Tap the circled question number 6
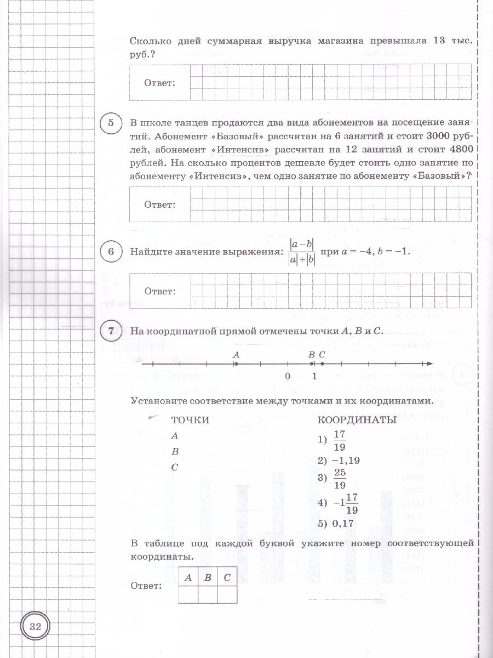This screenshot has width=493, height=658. (x=112, y=252)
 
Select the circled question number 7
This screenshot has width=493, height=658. (x=112, y=331)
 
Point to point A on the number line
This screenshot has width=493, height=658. (x=235, y=364)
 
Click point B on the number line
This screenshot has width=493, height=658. (x=311, y=364)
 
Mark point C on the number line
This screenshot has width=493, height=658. (x=322, y=364)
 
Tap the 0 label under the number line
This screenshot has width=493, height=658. (x=287, y=377)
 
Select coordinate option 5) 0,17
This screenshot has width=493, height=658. (x=336, y=524)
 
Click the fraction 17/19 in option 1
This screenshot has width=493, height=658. (x=340, y=440)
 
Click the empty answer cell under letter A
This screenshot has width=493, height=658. (x=188, y=594)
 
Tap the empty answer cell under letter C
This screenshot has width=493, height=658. (x=227, y=594)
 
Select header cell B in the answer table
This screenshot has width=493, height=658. (x=208, y=576)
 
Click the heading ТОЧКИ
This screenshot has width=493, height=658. (x=190, y=420)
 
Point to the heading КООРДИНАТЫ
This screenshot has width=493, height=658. (x=357, y=420)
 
